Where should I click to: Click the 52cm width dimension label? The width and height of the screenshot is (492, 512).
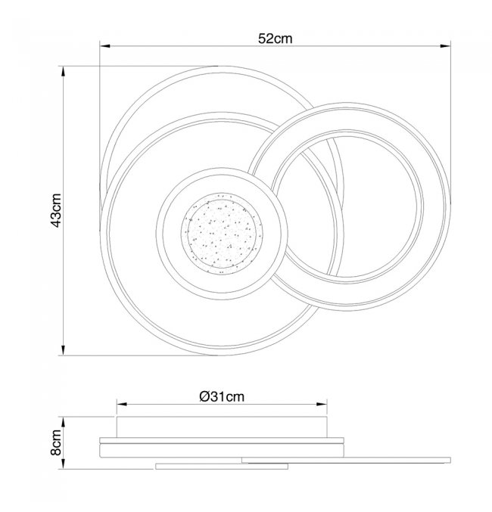276,39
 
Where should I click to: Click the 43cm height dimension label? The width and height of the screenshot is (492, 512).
56,210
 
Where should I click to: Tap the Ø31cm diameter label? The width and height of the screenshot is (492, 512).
222,396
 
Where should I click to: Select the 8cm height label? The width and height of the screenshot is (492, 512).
56,442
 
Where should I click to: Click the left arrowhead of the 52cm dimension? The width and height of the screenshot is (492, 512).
105,46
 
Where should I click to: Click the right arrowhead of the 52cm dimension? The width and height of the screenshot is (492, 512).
445,46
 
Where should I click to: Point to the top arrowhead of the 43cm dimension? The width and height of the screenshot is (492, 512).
63,72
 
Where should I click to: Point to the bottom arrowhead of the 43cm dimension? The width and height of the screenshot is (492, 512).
63,349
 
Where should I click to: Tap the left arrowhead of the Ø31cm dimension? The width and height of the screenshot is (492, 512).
122,405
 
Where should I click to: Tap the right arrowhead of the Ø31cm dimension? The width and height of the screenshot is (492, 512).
322,405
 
